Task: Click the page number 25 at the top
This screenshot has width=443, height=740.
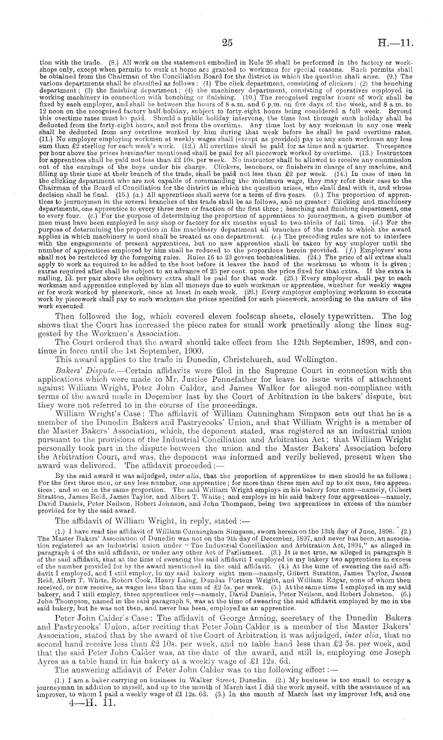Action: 227,43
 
